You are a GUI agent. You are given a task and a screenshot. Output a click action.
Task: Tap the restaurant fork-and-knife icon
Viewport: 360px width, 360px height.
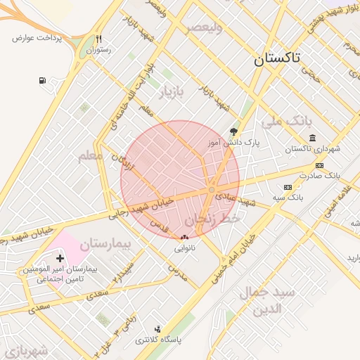(x=99, y=39)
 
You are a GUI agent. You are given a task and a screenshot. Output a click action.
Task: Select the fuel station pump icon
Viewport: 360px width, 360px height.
(x=43, y=80)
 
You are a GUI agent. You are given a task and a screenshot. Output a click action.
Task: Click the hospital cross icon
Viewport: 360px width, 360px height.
(x=69, y=259)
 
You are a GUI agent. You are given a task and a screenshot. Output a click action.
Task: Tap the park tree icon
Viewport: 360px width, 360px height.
(x=233, y=131)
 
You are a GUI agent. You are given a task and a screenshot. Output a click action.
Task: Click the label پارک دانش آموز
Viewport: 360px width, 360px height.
(x=233, y=142)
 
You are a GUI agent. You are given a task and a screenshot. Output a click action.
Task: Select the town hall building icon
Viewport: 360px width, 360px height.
(x=312, y=137)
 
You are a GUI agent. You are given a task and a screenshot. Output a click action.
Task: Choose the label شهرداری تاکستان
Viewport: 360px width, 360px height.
(x=308, y=149)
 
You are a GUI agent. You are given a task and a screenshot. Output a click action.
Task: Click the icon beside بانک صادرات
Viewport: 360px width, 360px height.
(x=320, y=165)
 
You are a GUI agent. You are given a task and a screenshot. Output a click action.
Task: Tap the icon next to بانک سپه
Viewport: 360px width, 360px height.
(x=287, y=187)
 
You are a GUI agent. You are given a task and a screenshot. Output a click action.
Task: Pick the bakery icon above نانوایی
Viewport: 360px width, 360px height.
(x=184, y=238)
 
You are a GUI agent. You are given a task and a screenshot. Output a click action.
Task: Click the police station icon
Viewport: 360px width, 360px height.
(x=157, y=328)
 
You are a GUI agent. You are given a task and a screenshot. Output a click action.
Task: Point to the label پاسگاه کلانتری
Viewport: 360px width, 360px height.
(x=158, y=340)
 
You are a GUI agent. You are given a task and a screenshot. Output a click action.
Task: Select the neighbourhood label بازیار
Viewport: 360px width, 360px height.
(x=169, y=94)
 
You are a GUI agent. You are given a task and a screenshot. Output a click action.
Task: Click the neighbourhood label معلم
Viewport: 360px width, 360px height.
(x=90, y=155)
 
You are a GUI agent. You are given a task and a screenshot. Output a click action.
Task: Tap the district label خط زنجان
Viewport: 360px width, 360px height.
(x=219, y=219)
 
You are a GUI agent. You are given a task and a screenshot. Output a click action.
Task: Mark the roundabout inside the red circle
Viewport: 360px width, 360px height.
(x=211, y=190)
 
